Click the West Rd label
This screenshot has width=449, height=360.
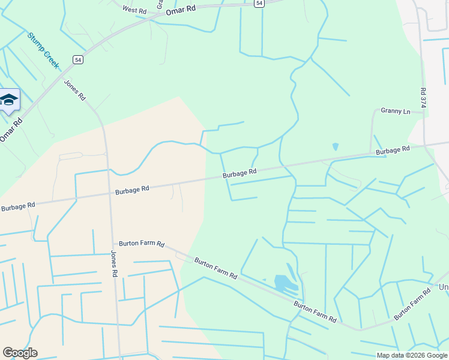coord(134,10)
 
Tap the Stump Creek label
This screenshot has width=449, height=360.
coord(43,50)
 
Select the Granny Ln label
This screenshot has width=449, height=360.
coord(395,112)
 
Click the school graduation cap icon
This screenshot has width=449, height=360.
coord(9,100)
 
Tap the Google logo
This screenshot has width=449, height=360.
coord(20,353)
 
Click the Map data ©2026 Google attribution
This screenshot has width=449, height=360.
coord(411,355)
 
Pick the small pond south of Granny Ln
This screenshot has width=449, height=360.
coord(335,146)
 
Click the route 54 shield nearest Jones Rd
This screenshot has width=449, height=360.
coord(78,59)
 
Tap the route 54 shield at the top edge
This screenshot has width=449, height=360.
coord(258,3)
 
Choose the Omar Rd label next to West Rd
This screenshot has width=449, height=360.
coord(181,10)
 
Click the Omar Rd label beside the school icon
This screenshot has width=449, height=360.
coord(11,128)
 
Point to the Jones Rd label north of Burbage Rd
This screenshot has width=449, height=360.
coord(75,90)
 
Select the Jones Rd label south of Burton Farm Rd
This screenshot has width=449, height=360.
coord(113,263)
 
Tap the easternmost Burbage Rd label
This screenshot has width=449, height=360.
coord(393,149)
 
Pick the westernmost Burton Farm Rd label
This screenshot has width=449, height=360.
coord(142,244)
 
